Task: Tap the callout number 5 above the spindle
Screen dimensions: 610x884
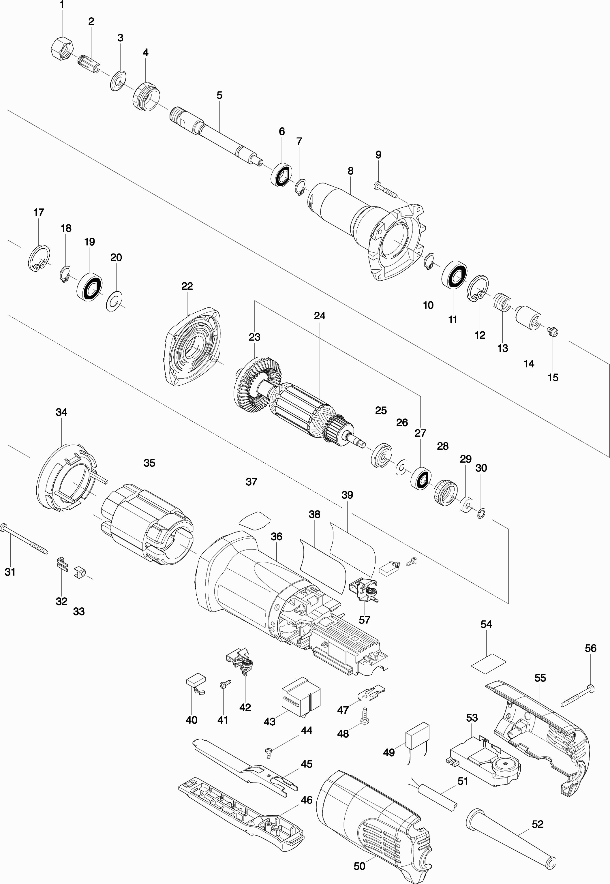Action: click(x=219, y=95)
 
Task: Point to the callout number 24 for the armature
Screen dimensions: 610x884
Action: click(x=320, y=316)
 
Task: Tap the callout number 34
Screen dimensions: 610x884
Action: click(x=61, y=412)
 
